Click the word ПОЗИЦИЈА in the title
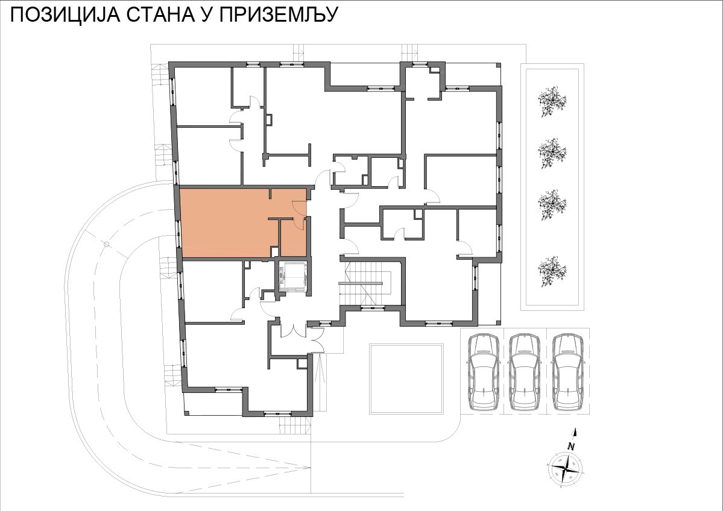[x=66, y=14]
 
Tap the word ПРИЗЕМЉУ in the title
[x=279, y=14]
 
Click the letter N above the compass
[x=571, y=445]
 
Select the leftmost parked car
[x=483, y=372]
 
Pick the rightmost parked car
[x=569, y=372]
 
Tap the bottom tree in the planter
[x=552, y=269]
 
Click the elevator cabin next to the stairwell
[x=292, y=277]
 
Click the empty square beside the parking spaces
[x=406, y=379]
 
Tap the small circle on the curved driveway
[x=106, y=244]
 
